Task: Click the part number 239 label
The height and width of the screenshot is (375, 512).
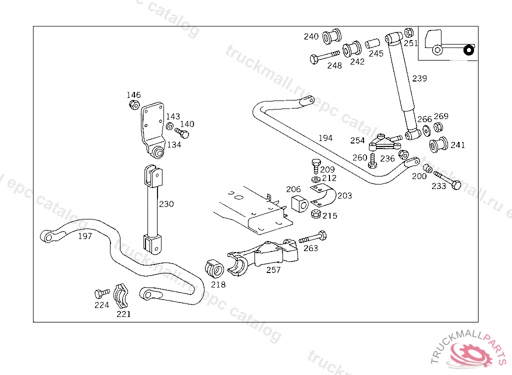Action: pyautogui.click(x=419, y=78)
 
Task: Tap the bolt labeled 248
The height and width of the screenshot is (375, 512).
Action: pyautogui.click(x=325, y=56)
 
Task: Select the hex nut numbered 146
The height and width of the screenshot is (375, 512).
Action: pyautogui.click(x=134, y=104)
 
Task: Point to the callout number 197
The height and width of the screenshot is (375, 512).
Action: pyautogui.click(x=85, y=236)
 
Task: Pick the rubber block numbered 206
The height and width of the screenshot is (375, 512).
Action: pyautogui.click(x=298, y=204)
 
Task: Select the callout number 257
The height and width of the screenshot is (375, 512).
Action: pyautogui.click(x=273, y=270)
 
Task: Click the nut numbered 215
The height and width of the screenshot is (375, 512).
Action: pyautogui.click(x=316, y=214)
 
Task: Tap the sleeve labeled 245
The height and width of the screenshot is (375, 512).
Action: pyautogui.click(x=372, y=44)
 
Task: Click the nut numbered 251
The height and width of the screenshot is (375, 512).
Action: pyautogui.click(x=408, y=33)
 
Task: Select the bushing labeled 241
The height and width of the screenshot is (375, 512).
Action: pyautogui.click(x=438, y=144)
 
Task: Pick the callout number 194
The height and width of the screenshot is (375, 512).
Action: pyautogui.click(x=325, y=138)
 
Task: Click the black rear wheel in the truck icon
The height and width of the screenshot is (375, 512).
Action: pyautogui.click(x=468, y=50)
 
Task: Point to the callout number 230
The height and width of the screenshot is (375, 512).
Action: pyautogui.click(x=166, y=204)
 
